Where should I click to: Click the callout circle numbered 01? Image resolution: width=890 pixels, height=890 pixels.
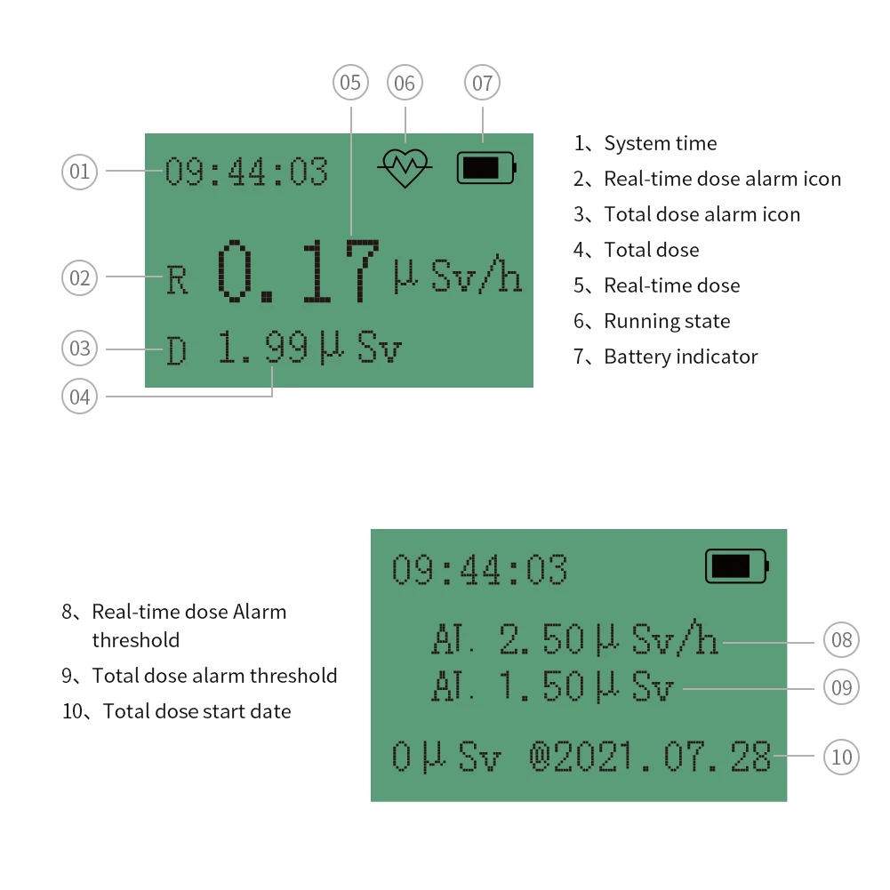pyautogui.click(x=80, y=171)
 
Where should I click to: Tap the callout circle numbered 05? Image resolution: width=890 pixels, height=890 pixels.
pyautogui.click(x=351, y=83)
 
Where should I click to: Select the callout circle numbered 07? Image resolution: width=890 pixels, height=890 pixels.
pyautogui.click(x=482, y=84)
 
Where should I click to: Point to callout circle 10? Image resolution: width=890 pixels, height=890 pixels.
pyautogui.click(x=841, y=757)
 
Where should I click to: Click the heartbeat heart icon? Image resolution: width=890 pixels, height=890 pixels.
pyautogui.click(x=405, y=167)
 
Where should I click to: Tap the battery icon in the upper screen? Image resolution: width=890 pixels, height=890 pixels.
pyautogui.click(x=486, y=167)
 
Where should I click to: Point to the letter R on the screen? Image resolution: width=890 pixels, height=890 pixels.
pyautogui.click(x=178, y=281)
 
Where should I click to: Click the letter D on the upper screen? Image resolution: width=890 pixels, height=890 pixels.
pyautogui.click(x=177, y=351)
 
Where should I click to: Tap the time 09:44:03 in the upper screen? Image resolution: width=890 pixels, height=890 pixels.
pyautogui.click(x=246, y=172)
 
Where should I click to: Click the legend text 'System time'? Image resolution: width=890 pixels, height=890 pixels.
pyautogui.click(x=660, y=143)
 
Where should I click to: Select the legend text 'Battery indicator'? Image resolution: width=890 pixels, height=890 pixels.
pyautogui.click(x=680, y=357)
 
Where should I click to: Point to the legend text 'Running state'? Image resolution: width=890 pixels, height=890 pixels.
pyautogui.click(x=667, y=321)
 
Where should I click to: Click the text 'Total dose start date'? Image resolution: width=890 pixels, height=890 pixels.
pyautogui.click(x=196, y=711)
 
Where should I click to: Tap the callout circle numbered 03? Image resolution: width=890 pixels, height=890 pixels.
pyautogui.click(x=80, y=348)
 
